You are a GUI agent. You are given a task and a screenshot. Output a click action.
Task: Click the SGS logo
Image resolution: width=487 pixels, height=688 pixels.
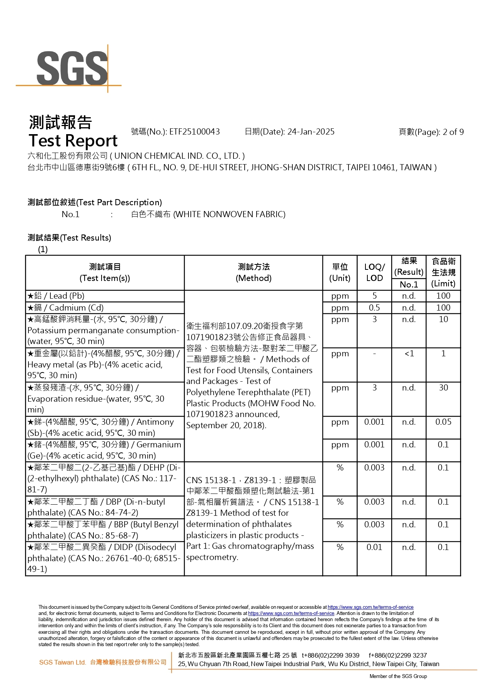click(x=72, y=68)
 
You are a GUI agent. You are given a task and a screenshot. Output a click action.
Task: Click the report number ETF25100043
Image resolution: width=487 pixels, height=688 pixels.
click(x=194, y=132)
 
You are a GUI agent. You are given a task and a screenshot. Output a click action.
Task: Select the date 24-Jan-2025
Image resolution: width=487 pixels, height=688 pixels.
click(x=311, y=132)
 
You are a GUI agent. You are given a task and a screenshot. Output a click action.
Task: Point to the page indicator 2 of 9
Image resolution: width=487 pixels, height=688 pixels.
click(x=453, y=132)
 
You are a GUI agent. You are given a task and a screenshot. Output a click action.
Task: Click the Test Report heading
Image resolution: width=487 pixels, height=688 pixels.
click(x=73, y=141)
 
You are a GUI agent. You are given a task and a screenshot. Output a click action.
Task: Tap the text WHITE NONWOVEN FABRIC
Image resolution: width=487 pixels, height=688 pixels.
click(x=229, y=214)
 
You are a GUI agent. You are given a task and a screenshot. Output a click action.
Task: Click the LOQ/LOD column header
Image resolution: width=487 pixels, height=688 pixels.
click(x=374, y=273)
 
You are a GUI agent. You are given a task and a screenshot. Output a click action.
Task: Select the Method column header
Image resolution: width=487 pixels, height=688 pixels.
click(x=254, y=273)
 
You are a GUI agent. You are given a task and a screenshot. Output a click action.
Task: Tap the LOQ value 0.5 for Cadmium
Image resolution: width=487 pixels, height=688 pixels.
click(x=374, y=308)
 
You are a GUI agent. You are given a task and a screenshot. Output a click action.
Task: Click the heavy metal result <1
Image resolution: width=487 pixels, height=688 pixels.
click(x=409, y=354)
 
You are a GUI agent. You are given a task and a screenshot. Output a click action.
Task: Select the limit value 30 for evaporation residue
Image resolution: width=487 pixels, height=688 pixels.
click(x=443, y=388)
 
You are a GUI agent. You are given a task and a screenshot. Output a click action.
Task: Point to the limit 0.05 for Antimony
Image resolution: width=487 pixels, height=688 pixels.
click(x=443, y=422)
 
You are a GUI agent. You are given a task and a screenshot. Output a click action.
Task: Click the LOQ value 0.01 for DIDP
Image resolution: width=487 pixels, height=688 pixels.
click(x=374, y=547)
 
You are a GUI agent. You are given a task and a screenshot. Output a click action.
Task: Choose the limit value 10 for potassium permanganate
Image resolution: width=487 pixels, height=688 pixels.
click(x=443, y=319)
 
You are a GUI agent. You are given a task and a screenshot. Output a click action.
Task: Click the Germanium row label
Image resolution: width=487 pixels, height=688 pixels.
click(x=104, y=450)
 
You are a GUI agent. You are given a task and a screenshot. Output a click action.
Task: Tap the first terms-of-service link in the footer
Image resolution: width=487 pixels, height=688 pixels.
click(x=370, y=607)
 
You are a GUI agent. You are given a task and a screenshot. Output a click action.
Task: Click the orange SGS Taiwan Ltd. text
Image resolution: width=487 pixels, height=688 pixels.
click(x=62, y=662)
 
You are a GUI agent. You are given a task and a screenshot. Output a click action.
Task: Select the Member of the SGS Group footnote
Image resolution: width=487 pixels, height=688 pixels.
click(x=398, y=676)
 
